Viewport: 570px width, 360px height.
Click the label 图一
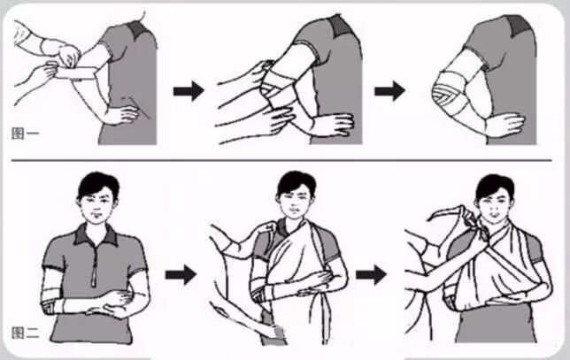tap(25, 134)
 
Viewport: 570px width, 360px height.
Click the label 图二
tap(25, 333)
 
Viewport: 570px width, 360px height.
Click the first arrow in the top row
tap(189, 91)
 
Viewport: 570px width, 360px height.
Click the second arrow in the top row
tap(389, 91)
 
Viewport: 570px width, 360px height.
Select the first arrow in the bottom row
tap(181, 274)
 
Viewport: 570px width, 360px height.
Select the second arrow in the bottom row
tap(371, 274)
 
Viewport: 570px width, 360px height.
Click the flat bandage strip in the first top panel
tap(75, 73)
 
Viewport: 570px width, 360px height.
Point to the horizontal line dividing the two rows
tap(281, 160)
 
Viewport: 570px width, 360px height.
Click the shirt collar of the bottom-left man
tap(96, 234)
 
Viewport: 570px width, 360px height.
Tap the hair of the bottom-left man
tap(97, 185)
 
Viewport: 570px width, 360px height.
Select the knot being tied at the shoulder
tap(476, 222)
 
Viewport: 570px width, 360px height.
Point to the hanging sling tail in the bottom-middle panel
tap(323, 316)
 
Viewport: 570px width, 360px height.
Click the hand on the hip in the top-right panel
tap(506, 124)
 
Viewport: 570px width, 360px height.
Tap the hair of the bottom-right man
tap(495, 188)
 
